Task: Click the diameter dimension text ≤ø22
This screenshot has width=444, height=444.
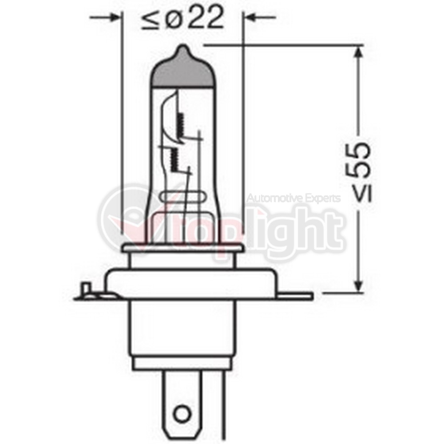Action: pyautogui.click(x=182, y=18)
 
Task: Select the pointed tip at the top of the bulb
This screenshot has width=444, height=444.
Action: pyautogui.click(x=183, y=46)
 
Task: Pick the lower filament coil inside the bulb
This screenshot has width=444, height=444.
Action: pyautogui.click(x=173, y=159)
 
